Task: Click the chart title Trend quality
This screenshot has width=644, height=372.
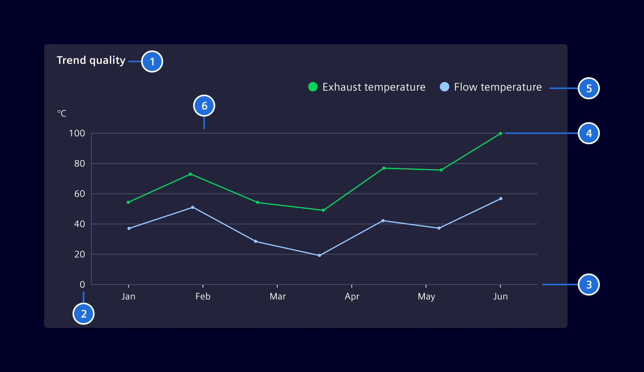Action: pyautogui.click(x=91, y=60)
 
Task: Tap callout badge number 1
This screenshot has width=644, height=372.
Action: pyautogui.click(x=152, y=62)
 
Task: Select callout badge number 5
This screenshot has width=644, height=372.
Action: pyautogui.click(x=589, y=88)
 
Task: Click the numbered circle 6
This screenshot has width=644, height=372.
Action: pyautogui.click(x=204, y=106)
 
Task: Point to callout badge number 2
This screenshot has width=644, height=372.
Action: pyautogui.click(x=84, y=314)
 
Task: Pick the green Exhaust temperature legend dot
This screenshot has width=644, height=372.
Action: pyautogui.click(x=313, y=87)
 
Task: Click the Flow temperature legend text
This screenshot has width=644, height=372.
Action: pyautogui.click(x=498, y=87)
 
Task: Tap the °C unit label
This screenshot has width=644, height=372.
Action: pyautogui.click(x=62, y=113)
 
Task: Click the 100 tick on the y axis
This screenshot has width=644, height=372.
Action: pyautogui.click(x=77, y=134)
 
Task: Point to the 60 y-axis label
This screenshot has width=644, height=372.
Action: pyautogui.click(x=80, y=194)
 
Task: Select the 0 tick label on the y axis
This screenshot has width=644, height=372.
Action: pyautogui.click(x=82, y=285)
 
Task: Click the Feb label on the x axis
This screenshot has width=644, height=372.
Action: pyautogui.click(x=203, y=296)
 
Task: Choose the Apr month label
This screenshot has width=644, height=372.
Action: pyautogui.click(x=352, y=296)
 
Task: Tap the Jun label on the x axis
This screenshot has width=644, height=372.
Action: pyautogui.click(x=501, y=296)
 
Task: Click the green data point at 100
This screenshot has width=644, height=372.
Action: pyautogui.click(x=501, y=134)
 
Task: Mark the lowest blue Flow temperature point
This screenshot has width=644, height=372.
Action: pyautogui.click(x=319, y=255)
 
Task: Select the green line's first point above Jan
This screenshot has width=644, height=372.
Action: pyautogui.click(x=128, y=202)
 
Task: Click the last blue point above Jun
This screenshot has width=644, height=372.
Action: pyautogui.click(x=501, y=199)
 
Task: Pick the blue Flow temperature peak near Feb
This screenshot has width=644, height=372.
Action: pyautogui.click(x=193, y=207)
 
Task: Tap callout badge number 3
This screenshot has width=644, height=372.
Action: pyautogui.click(x=589, y=285)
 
